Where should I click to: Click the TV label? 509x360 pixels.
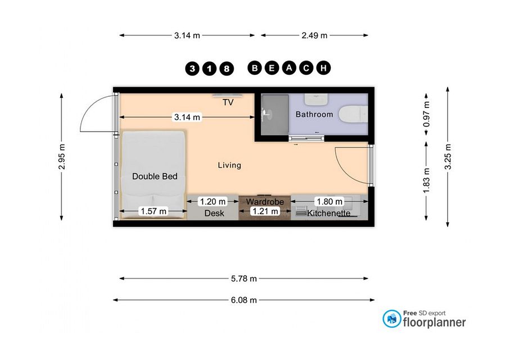228,102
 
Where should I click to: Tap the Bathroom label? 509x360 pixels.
314,114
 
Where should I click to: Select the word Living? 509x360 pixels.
229,165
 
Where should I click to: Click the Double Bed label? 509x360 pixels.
155,176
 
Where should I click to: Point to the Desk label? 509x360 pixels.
214,213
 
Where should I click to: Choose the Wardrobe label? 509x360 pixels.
265,201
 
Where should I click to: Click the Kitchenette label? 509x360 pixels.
328,213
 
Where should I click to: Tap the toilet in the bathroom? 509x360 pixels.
353,114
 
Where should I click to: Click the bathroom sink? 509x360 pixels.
316,100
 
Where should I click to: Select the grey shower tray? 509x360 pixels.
275,114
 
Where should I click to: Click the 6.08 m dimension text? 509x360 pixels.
244,300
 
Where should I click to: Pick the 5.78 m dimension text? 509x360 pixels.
244,278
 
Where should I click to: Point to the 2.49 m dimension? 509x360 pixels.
314,35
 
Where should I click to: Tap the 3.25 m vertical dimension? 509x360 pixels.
448,156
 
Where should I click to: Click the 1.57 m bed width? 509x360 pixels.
154,211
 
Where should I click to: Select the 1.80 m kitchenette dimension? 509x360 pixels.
330,201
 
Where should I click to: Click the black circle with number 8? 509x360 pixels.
227,69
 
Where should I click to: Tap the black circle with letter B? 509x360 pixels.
255,68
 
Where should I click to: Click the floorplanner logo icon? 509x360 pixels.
392,318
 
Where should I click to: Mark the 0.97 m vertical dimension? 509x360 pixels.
426,114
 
